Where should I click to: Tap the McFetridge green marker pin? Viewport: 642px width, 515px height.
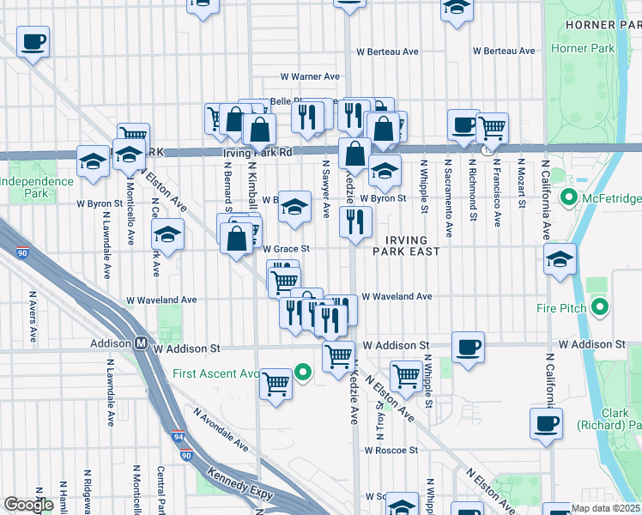pyautogui.click(x=567, y=199)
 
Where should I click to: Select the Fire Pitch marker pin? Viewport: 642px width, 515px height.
pyautogui.click(x=600, y=306)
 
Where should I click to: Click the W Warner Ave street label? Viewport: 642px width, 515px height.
pyautogui.click(x=316, y=76)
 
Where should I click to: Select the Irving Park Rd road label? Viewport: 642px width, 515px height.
pyautogui.click(x=257, y=153)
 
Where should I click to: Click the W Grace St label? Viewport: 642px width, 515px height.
pyautogui.click(x=285, y=249)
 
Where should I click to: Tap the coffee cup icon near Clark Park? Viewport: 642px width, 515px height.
pyautogui.click(x=547, y=422)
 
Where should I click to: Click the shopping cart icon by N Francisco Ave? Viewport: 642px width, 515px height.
pyautogui.click(x=492, y=128)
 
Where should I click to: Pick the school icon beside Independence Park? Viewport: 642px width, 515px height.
pyautogui.click(x=93, y=161)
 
